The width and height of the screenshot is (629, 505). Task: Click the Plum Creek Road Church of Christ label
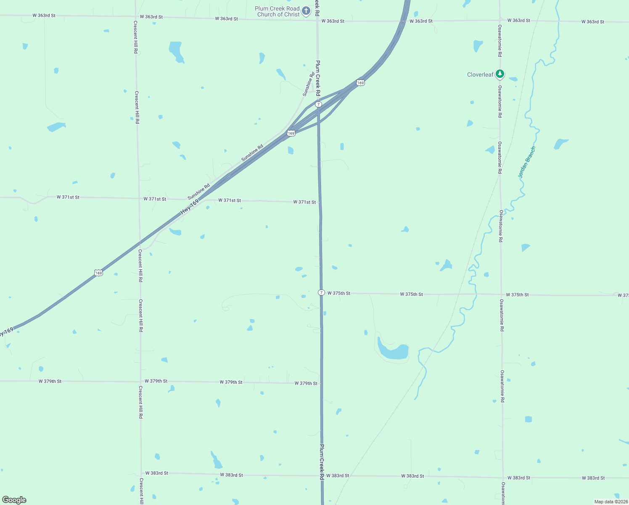click(x=277, y=11)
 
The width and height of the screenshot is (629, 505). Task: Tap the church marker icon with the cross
click(x=306, y=11)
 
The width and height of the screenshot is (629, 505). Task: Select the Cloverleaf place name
click(x=480, y=74)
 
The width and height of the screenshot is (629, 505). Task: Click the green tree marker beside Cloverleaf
click(x=499, y=74)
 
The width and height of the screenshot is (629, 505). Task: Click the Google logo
click(x=14, y=500)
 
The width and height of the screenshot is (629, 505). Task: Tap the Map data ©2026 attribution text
click(x=610, y=502)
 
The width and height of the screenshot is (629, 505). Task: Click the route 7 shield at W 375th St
click(x=321, y=292)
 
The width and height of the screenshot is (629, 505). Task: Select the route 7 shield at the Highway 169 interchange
click(x=319, y=104)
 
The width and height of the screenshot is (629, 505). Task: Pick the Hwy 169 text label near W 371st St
click(x=190, y=207)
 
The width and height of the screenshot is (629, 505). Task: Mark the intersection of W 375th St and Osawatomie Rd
click(x=501, y=295)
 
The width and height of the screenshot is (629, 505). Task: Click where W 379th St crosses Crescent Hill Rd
click(x=140, y=382)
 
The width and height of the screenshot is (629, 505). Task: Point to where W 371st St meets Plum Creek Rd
click(x=320, y=202)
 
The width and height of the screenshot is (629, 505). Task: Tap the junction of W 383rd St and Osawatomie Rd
click(x=503, y=478)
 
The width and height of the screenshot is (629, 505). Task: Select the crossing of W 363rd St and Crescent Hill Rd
click(x=135, y=17)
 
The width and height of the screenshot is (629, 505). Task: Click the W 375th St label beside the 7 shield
click(x=339, y=293)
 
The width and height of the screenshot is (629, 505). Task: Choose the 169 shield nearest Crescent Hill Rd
click(x=98, y=273)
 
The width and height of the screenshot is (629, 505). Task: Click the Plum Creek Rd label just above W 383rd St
click(x=322, y=462)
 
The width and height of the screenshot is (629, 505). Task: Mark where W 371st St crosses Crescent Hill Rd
click(x=138, y=199)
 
